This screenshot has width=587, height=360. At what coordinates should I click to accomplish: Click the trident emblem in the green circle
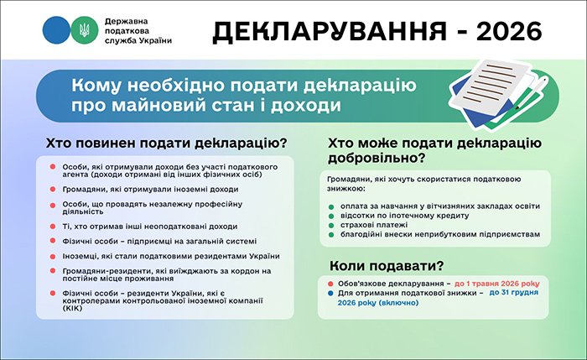coord(83,30)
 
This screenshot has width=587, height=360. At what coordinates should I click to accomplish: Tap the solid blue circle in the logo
coord(56,30)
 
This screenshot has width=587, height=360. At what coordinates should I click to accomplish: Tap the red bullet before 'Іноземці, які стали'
coord(52,256)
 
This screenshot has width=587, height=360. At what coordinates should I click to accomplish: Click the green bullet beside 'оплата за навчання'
coord(331,206)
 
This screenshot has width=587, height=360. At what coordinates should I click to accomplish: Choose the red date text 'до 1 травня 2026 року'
coord(499,284)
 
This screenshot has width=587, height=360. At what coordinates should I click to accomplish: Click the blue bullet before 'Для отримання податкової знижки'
coord(331,293)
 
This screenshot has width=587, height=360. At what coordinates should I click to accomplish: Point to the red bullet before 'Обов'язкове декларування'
coord(331,284)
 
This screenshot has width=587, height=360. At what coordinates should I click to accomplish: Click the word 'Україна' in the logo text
coord(153,41)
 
